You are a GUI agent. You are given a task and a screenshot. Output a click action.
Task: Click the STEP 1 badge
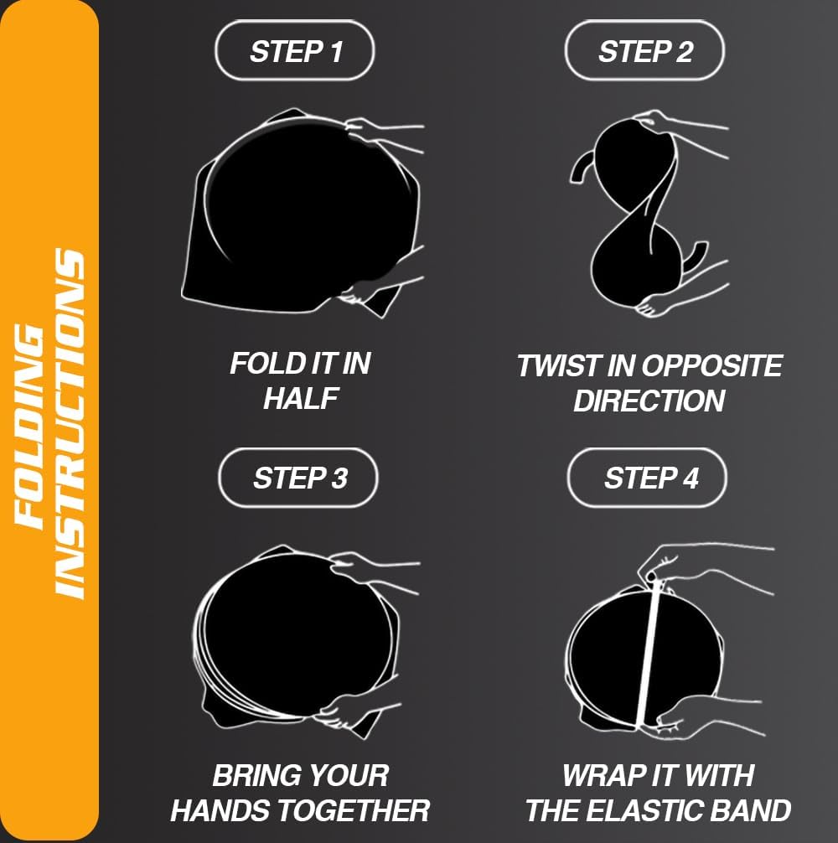(295, 51)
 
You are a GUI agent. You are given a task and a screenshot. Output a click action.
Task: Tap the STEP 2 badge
(644, 51)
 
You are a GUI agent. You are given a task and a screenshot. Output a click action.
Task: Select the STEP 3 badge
(298, 478)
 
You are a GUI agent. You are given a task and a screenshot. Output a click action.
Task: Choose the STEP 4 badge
(647, 478)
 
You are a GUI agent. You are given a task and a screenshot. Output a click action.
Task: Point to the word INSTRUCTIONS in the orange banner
(69, 424)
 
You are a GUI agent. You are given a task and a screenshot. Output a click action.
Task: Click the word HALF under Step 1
(301, 398)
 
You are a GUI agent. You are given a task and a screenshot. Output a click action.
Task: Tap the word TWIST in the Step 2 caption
(558, 365)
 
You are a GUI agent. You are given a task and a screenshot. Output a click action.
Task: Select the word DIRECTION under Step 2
(649, 401)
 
